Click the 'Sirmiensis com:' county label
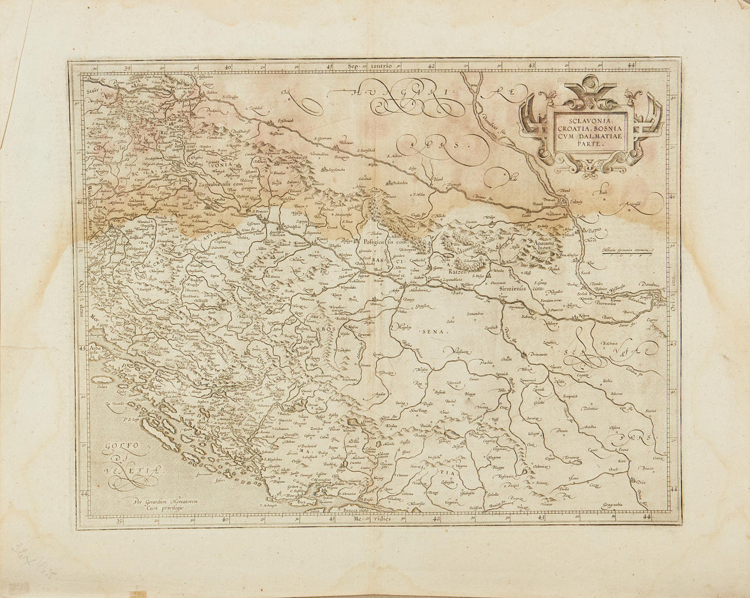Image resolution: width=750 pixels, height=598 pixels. pyautogui.click(x=517, y=288)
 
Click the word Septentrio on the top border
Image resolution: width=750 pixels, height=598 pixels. pyautogui.click(x=372, y=66)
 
